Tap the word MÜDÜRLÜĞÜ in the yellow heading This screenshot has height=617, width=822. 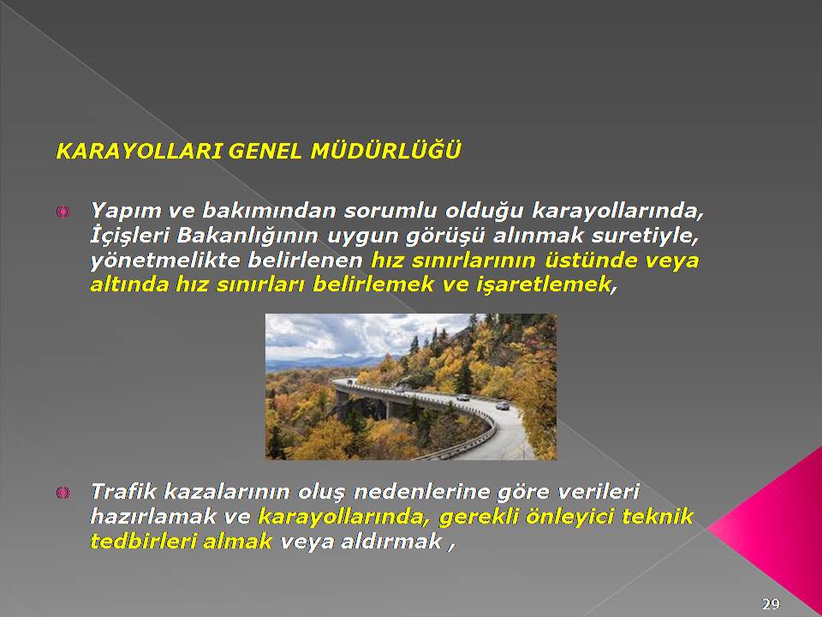coord(386,150)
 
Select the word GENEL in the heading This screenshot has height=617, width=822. coord(265,152)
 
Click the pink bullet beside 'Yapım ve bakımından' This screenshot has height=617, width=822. coord(63,212)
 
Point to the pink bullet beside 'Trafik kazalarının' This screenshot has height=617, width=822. coord(63,493)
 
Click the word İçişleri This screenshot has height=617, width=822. coord(129,237)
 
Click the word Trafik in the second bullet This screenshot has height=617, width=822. coord(123,492)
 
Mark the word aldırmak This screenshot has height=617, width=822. coord(391,541)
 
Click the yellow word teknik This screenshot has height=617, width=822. coord(658,516)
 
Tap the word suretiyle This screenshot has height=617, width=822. coord(645,237)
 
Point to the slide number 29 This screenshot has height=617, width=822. coord(771,604)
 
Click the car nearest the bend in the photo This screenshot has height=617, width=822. coord(503,405)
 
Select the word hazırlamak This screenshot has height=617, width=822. coord(153,516)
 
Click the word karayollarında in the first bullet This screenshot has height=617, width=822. coord(618,211)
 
